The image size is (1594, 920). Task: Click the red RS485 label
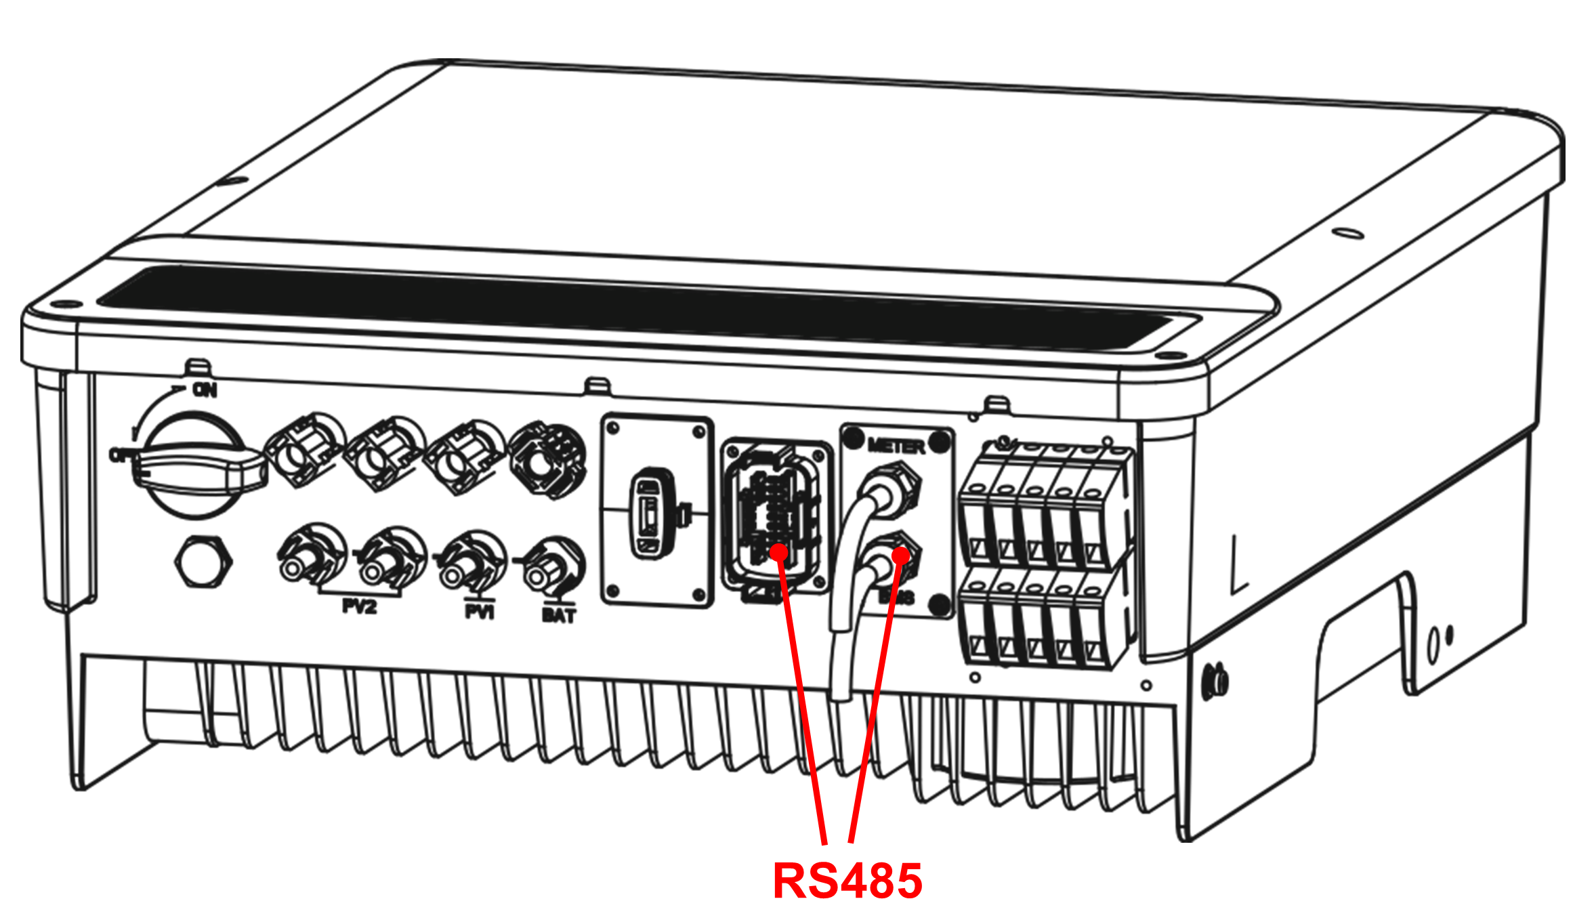(847, 880)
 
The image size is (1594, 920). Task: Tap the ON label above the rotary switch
(205, 390)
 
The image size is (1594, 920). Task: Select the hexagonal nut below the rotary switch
(203, 562)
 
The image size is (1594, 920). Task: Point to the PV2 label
(359, 606)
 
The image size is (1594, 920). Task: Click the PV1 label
(480, 612)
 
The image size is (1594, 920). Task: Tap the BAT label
(559, 615)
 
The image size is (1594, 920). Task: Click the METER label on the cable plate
(896, 446)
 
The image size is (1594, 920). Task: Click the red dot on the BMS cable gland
(901, 556)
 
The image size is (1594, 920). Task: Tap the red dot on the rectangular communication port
(780, 551)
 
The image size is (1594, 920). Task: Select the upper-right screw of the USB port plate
(698, 432)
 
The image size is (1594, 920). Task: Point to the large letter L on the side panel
(1238, 566)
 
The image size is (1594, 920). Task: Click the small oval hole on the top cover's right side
(1347, 233)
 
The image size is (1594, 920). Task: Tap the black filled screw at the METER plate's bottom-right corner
(940, 604)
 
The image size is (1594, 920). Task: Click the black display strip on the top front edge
(637, 309)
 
